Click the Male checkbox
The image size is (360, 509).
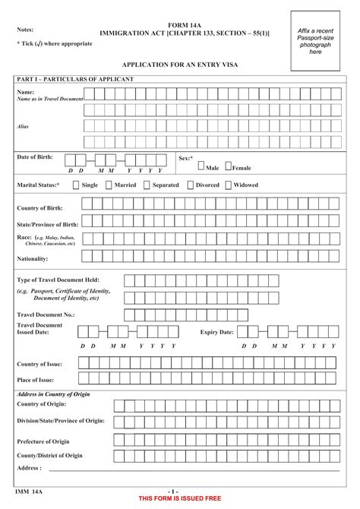pos(201,166)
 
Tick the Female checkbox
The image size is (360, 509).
pos(228,166)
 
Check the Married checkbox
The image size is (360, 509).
pos(109,185)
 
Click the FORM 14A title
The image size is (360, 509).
pos(184,25)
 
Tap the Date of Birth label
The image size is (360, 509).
pos(35,156)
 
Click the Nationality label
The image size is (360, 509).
pos(34,259)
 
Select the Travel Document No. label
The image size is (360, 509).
pos(46,314)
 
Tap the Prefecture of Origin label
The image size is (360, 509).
pos(50,441)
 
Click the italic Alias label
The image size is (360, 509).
pos(23,126)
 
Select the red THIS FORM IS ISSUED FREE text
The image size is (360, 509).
pos(179,498)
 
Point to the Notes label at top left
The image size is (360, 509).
pos(27,30)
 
